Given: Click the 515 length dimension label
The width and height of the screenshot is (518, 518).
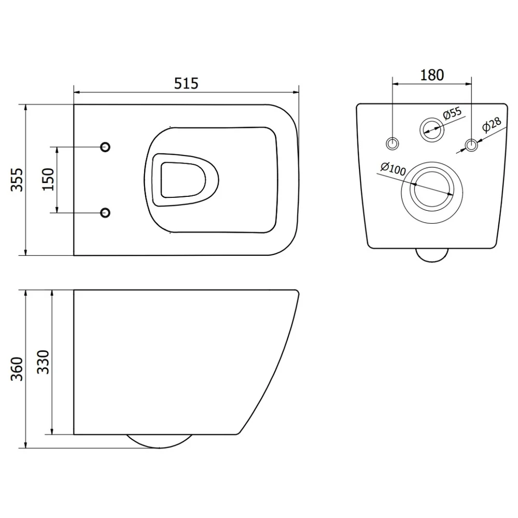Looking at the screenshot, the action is tap(186, 83).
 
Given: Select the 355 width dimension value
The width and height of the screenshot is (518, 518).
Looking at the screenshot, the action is tap(17, 180).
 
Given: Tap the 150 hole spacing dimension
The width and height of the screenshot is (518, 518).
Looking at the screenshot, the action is tap(48, 179).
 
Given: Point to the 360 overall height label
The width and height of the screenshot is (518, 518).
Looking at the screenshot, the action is tap(17, 369).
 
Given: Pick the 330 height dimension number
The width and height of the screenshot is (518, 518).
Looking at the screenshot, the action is tap(43, 362).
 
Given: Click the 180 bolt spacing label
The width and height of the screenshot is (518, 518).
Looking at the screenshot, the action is tap(432, 75).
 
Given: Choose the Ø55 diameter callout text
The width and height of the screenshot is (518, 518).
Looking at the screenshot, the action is tap(452, 113).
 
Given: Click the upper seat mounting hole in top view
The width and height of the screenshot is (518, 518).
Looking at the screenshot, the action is tap(105, 147).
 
